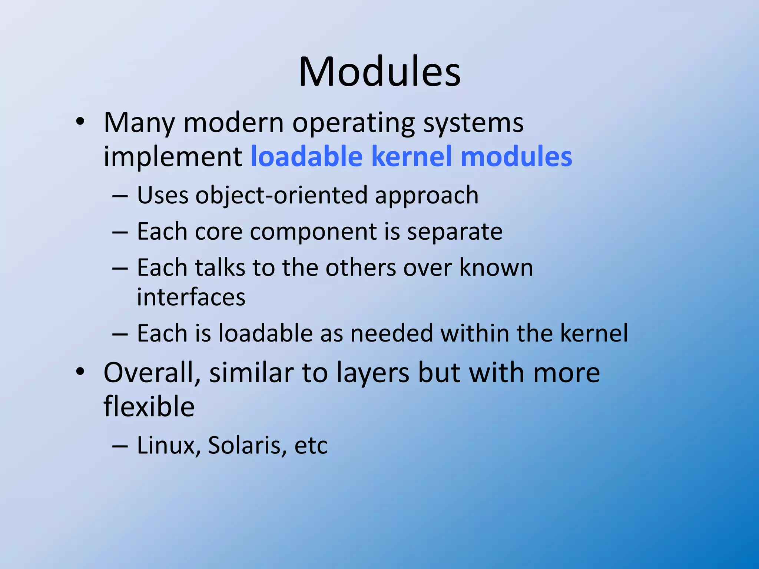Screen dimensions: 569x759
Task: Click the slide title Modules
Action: [379, 71]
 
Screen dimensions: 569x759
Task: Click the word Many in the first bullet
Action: [139, 123]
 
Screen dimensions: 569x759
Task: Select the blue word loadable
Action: [306, 156]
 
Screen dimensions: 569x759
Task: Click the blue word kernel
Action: [411, 156]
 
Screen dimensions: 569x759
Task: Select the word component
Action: [313, 232]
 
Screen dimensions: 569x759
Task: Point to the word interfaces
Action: [191, 297]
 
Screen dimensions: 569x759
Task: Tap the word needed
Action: [391, 333]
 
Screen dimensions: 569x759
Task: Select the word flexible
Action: [149, 406]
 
